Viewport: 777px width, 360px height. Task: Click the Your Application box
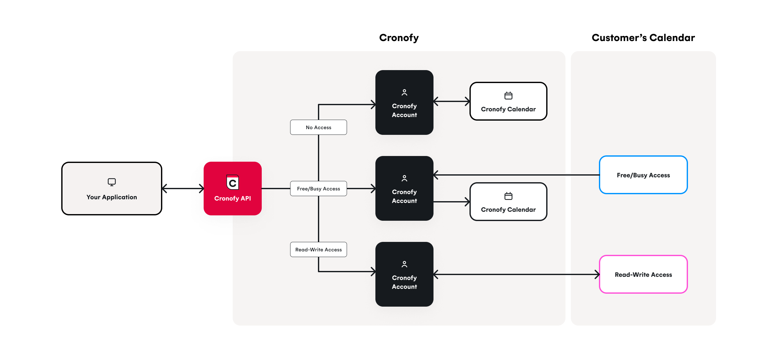click(112, 189)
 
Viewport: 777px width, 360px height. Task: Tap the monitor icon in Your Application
click(112, 182)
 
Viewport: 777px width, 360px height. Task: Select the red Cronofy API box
click(233, 189)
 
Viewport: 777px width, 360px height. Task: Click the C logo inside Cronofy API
click(233, 183)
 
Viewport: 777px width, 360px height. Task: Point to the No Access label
click(318, 127)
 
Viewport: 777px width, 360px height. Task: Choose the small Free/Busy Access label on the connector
click(318, 189)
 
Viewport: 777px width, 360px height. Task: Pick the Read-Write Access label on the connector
click(318, 249)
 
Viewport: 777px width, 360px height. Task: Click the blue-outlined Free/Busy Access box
click(643, 175)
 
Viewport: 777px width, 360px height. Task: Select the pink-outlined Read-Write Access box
click(643, 274)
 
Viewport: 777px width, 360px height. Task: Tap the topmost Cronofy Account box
click(404, 102)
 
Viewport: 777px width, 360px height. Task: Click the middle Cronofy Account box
click(404, 189)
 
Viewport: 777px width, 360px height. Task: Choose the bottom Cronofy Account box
click(404, 274)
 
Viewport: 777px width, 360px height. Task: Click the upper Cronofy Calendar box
click(508, 101)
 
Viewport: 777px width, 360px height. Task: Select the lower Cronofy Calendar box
click(508, 202)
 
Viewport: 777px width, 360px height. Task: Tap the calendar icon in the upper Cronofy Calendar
click(508, 95)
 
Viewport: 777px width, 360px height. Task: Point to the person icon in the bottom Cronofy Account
click(404, 264)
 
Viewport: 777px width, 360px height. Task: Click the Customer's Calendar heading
click(643, 38)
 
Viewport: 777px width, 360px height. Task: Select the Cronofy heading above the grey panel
click(399, 38)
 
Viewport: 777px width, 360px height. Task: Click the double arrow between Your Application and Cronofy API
click(183, 189)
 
